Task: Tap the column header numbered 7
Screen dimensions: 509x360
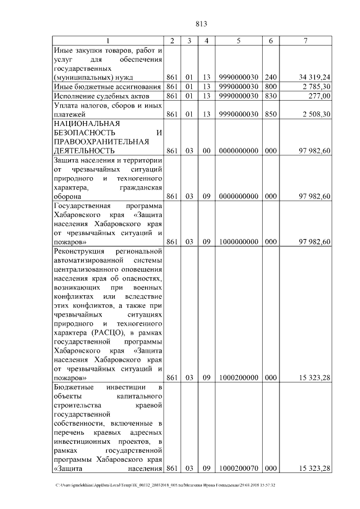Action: [305, 40]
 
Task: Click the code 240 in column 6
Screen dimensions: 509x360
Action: [271, 77]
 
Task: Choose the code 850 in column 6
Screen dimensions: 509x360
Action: [271, 114]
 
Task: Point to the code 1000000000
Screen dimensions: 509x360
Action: [238, 242]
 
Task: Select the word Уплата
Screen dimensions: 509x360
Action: [66, 105]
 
